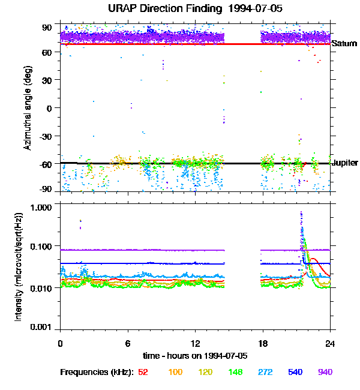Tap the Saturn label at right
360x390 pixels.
tap(344, 44)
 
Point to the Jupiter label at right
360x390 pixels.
tap(345, 163)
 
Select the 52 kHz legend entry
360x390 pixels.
tap(143, 372)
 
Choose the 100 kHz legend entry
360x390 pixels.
tap(175, 372)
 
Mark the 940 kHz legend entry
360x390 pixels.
tap(325, 372)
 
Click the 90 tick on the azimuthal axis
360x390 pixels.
tap(46, 27)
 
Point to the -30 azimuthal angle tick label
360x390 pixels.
tap(44, 136)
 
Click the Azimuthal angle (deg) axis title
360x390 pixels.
tap(28, 108)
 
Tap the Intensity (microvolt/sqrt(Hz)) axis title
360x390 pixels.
tap(20, 266)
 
